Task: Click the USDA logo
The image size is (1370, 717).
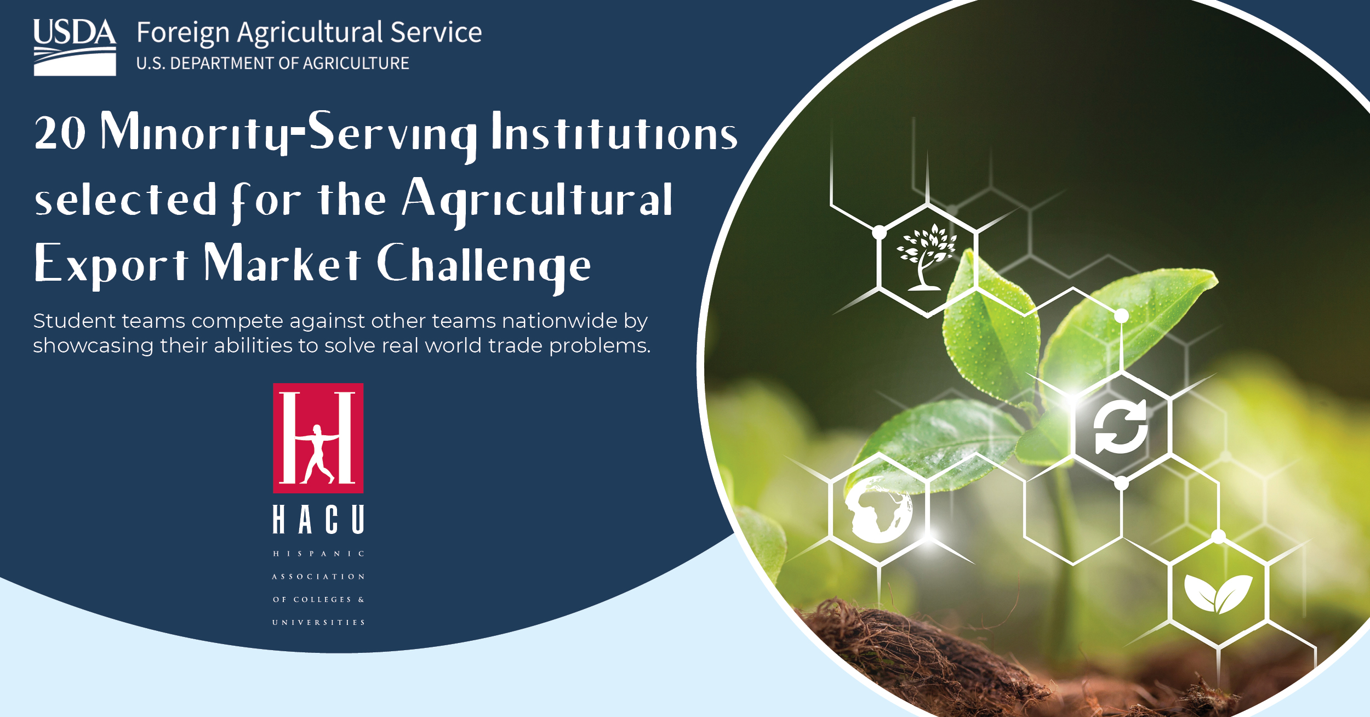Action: (75, 47)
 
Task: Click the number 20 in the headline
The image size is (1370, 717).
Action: (60, 133)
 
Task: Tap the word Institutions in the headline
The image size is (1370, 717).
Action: (614, 133)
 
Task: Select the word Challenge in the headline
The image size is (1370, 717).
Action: (484, 265)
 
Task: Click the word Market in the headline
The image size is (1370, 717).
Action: (282, 264)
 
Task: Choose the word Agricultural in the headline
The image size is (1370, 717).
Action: (537, 200)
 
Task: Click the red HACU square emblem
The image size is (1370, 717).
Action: (318, 438)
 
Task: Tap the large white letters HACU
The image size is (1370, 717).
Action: (318, 520)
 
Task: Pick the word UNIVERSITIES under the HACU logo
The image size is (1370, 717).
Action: (318, 623)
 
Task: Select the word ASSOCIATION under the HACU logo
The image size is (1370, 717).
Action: (318, 577)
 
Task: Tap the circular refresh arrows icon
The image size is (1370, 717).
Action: (1121, 427)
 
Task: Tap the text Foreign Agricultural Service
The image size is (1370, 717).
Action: (309, 33)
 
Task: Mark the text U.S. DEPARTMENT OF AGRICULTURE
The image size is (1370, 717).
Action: (272, 64)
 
